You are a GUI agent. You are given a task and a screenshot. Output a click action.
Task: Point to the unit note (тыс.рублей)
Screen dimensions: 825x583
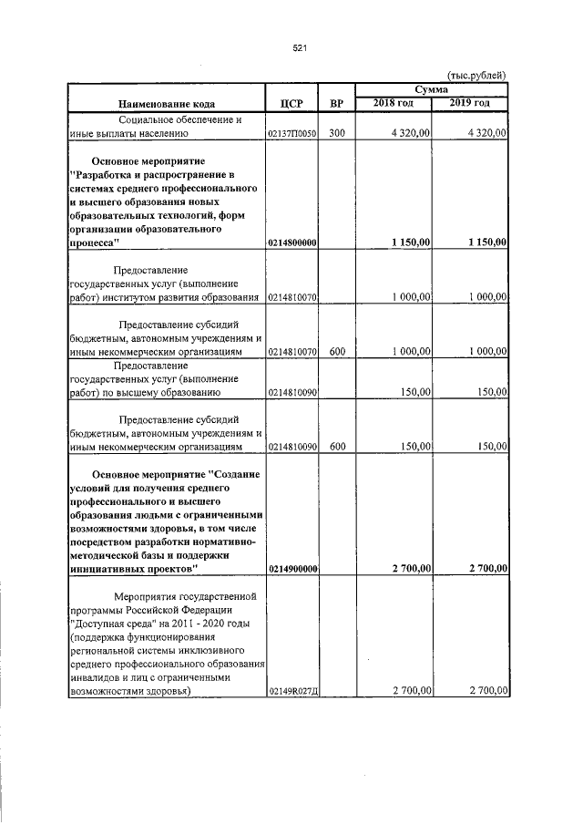[x=476, y=76]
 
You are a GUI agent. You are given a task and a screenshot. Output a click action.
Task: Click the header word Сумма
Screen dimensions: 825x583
[x=431, y=90]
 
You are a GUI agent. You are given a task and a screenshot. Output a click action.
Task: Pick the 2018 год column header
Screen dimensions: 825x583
[x=394, y=102]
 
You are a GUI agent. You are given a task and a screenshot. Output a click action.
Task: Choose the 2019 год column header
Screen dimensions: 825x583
[x=470, y=102]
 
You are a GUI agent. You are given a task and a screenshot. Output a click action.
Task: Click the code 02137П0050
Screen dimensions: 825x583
[x=291, y=133]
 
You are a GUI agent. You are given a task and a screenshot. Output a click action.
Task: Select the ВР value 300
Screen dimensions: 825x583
[x=336, y=133]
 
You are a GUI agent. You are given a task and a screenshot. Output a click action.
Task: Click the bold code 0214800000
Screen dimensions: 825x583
[x=291, y=242]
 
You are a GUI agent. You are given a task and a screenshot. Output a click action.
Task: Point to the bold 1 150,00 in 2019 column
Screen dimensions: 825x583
[x=486, y=242]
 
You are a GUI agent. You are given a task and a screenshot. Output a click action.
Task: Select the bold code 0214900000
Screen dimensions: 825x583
[x=291, y=569]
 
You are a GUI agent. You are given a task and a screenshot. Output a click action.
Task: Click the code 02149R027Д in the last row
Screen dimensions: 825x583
[x=291, y=692]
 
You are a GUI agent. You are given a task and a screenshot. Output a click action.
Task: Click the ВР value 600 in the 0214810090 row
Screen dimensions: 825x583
[x=336, y=448]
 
